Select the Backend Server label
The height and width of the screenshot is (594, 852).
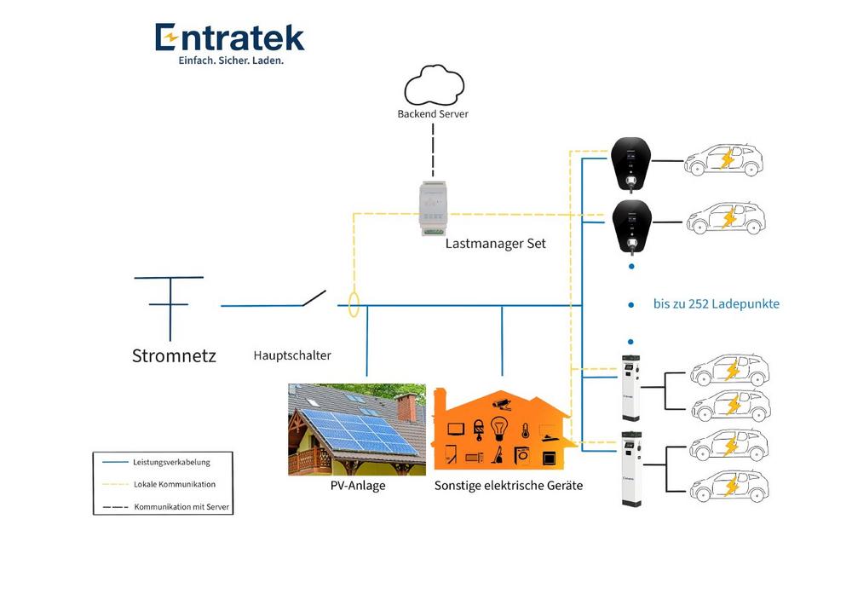(433, 113)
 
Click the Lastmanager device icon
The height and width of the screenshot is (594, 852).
(434, 207)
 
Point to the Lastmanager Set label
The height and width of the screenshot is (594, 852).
(495, 244)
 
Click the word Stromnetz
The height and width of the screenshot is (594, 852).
(174, 355)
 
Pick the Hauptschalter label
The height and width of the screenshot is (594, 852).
(292, 355)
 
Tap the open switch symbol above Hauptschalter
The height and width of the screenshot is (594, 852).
(313, 298)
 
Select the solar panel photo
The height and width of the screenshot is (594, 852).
(356, 430)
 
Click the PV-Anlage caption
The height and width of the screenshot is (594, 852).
(357, 486)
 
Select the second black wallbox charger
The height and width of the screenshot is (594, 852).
(631, 225)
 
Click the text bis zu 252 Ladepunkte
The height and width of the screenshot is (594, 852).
(717, 303)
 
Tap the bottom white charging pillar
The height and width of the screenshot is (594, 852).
(631, 469)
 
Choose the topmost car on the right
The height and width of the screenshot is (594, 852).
(724, 159)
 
